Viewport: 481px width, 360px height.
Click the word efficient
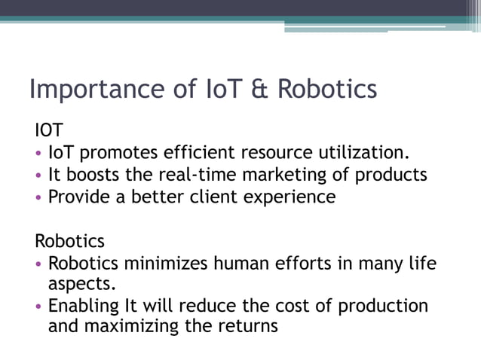click(x=199, y=154)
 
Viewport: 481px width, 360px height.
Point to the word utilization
click(x=365, y=154)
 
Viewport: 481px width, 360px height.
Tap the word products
click(x=390, y=175)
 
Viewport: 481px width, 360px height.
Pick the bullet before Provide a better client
click(x=39, y=198)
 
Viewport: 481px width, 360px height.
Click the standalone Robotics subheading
click(x=70, y=242)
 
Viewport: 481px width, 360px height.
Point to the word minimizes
click(x=164, y=264)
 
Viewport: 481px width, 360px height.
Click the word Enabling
click(x=83, y=307)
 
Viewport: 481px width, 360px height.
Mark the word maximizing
click(x=133, y=327)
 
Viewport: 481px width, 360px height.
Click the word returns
click(x=248, y=327)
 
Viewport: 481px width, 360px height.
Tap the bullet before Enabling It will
click(x=39, y=307)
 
